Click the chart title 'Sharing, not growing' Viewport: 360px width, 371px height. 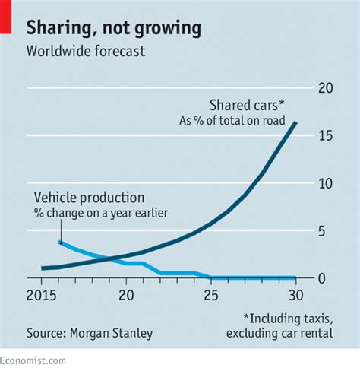pyautogui.click(x=114, y=29)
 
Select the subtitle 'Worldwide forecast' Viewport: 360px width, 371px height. pyautogui.click(x=86, y=52)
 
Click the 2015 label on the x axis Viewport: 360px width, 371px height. pyautogui.click(x=49, y=294)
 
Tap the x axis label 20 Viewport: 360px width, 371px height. pyautogui.click(x=126, y=294)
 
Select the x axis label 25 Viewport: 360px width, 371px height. pyautogui.click(x=211, y=294)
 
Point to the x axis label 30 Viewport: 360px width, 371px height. pyautogui.click(x=295, y=294)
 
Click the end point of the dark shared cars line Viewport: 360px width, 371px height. pyautogui.click(x=295, y=123)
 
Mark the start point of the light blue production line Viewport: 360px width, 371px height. pyautogui.click(x=59, y=242)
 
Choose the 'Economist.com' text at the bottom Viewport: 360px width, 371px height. pyautogui.click(x=33, y=363)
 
